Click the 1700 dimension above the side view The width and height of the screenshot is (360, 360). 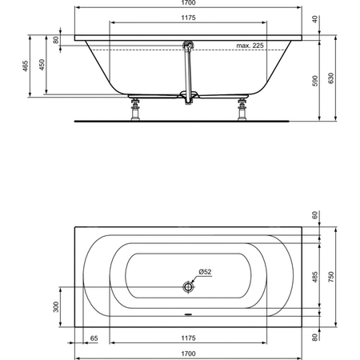click(188, 2)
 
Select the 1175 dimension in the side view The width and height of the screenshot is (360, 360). click(188, 18)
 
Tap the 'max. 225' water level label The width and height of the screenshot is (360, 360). click(250, 46)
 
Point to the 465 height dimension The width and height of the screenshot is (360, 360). click(25, 66)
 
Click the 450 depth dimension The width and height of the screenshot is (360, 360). click(42, 65)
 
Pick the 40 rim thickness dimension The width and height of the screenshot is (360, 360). click(315, 19)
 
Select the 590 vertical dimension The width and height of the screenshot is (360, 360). click(315, 81)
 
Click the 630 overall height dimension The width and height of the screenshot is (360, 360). click(331, 78)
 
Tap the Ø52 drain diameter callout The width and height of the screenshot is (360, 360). click(205, 272)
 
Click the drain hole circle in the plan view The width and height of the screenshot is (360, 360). click(188, 287)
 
